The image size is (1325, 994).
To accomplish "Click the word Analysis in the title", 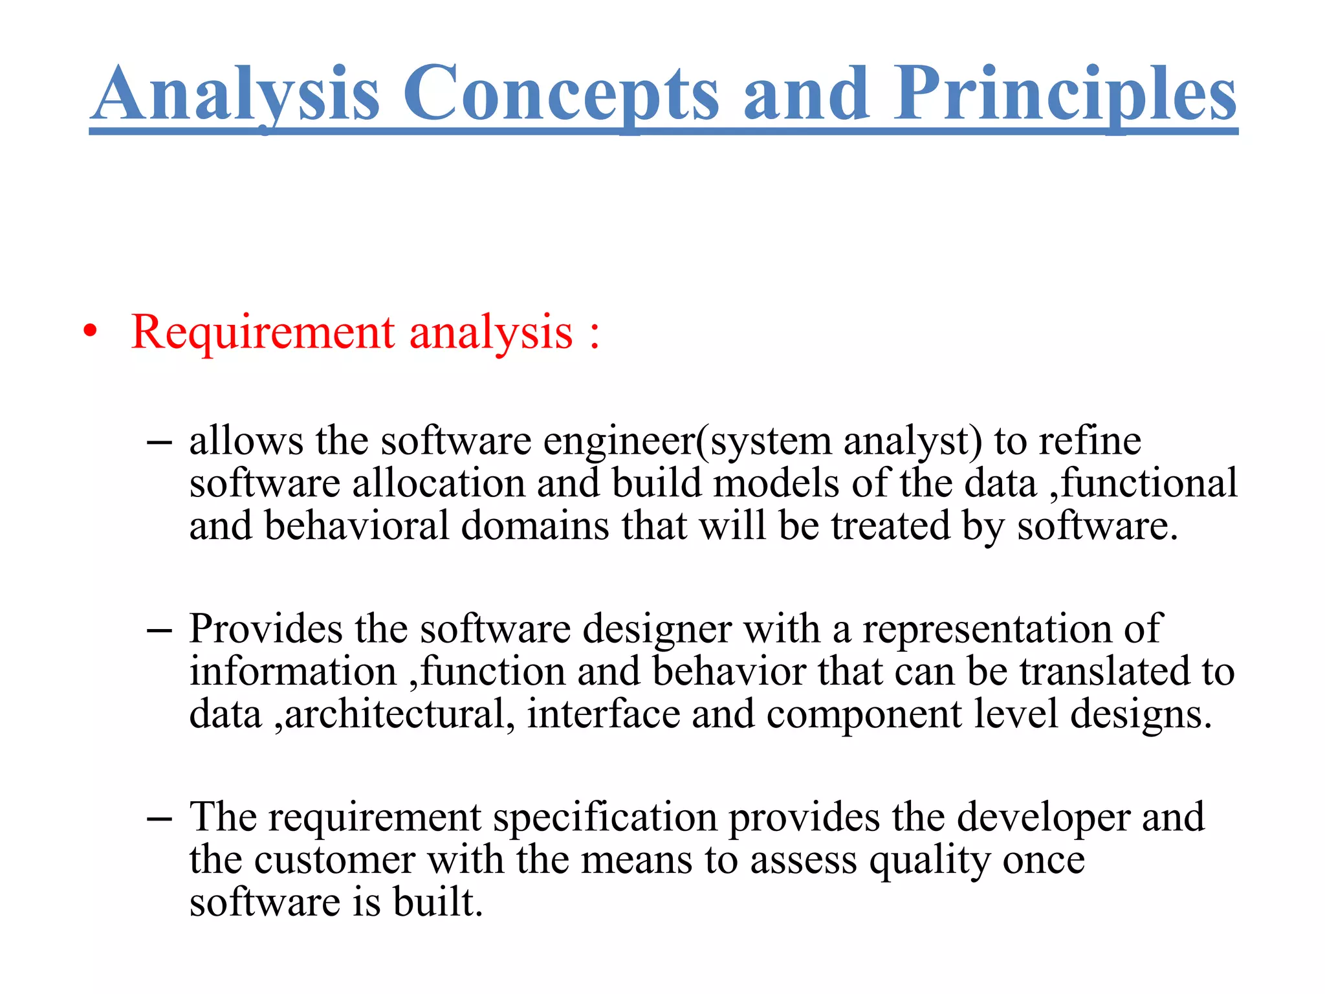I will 235,94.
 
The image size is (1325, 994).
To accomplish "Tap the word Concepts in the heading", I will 561,94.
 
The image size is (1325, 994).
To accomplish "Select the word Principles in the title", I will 1065,94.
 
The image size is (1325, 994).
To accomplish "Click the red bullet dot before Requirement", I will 91,331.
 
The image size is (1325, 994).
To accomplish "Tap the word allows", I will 246,441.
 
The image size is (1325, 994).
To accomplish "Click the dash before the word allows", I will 159,443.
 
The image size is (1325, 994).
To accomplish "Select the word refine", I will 1090,441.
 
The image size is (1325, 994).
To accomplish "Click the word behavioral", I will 356,525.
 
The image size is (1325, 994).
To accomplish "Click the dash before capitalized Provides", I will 159,630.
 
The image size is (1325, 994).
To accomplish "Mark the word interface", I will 603,714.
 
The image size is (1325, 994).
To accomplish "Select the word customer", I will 334,861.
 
